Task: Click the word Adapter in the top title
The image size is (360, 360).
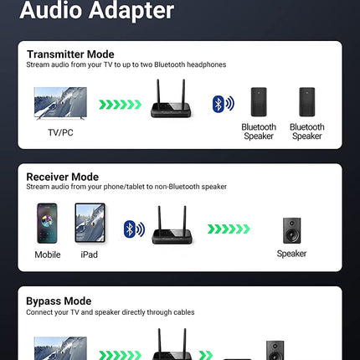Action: coord(131,11)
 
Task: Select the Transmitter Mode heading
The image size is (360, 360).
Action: coord(70,54)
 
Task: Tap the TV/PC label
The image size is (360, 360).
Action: coord(60,132)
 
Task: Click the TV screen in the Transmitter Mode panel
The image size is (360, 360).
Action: coord(60,103)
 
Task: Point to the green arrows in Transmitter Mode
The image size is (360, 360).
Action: coord(121,105)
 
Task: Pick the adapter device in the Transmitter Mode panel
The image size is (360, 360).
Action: coord(171,98)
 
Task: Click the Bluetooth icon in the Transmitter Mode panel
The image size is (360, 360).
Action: coord(223,104)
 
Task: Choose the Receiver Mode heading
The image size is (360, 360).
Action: coord(63,177)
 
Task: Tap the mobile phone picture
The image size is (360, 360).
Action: coord(47,224)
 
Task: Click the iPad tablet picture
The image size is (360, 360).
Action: coord(90,223)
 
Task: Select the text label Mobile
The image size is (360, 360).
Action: coord(48,255)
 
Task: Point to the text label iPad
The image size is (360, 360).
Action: coord(89,255)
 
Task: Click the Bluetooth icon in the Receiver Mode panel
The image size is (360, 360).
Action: coord(134,229)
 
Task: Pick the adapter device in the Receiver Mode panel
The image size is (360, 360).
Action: coord(172,225)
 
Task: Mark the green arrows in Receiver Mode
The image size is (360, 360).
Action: coord(229,229)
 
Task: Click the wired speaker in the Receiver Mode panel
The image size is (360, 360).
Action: coord(292,230)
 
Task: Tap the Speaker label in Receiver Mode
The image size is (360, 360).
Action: coord(291,254)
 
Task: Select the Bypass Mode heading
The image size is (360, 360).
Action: coord(59,301)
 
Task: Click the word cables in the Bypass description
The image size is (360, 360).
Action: coord(184,312)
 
